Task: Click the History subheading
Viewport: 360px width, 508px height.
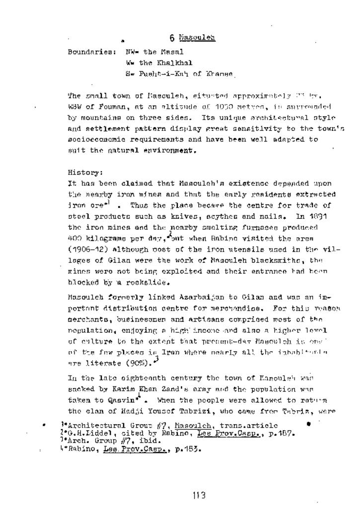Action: pyautogui.click(x=85, y=173)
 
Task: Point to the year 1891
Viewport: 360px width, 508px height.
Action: pyautogui.click(x=321, y=216)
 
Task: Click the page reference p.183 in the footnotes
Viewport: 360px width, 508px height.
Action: pyautogui.click(x=188, y=449)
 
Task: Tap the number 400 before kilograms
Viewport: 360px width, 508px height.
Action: pyautogui.click(x=75, y=239)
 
